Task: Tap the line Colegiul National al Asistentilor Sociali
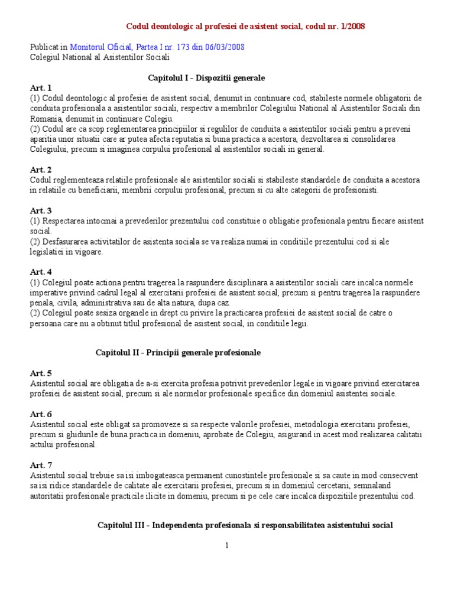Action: coord(99,57)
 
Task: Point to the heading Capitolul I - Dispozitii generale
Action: coord(206,78)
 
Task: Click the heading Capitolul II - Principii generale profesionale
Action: coord(178,353)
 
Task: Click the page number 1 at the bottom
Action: coord(226,545)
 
